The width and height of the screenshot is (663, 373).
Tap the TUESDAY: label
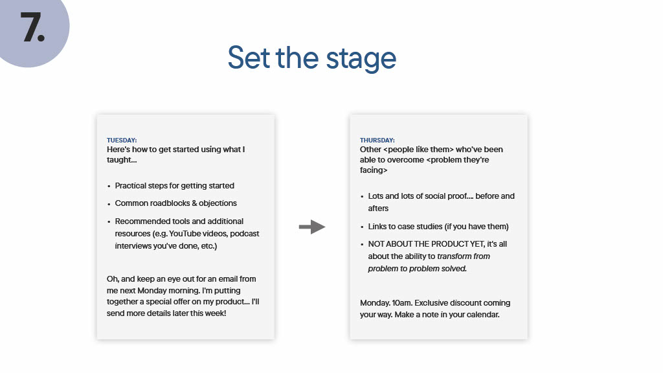(122, 140)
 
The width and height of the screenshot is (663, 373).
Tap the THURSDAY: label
(377, 140)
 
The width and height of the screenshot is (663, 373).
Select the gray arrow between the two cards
(311, 227)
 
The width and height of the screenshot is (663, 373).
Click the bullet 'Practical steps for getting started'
(174, 185)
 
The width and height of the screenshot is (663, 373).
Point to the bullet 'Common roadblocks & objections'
(175, 203)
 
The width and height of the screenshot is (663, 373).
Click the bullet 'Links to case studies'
(438, 226)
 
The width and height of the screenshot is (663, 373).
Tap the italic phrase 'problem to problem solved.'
(418, 268)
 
